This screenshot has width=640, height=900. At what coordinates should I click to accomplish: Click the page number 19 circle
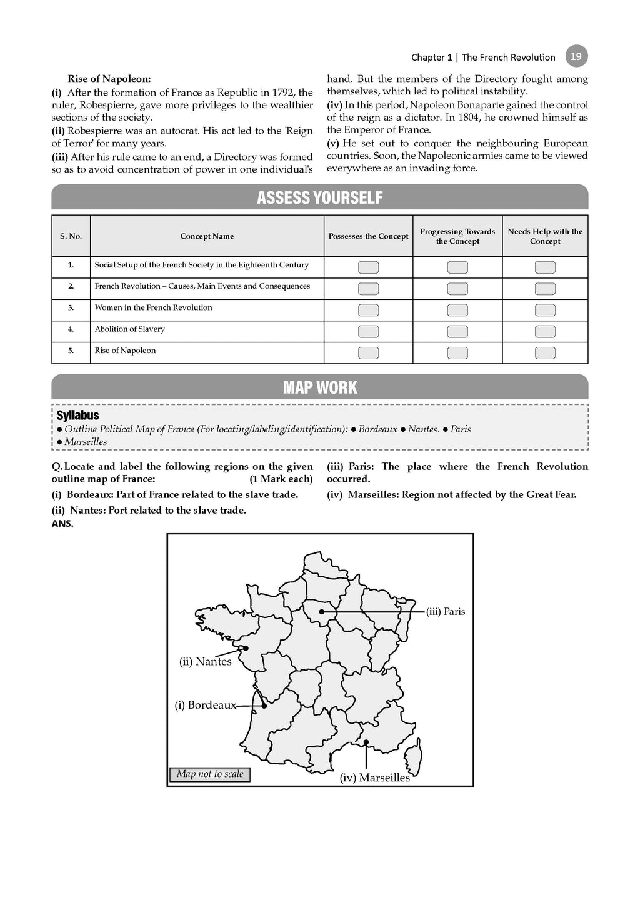(x=576, y=56)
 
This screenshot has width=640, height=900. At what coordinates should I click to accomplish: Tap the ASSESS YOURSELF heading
(x=319, y=197)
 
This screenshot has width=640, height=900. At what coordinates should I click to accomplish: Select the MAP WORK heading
(x=319, y=387)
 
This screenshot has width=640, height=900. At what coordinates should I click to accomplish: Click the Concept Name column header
(x=207, y=236)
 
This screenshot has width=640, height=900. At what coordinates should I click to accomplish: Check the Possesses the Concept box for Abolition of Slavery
(x=368, y=331)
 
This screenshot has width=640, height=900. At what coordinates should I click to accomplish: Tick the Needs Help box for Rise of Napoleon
(x=545, y=353)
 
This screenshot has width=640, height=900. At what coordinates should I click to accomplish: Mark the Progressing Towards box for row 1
(x=457, y=267)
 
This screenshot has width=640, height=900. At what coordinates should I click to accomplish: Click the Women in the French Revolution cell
(x=153, y=307)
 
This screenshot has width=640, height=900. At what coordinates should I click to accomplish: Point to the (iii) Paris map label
(x=446, y=612)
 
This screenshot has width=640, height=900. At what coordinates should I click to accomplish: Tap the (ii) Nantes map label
(x=205, y=662)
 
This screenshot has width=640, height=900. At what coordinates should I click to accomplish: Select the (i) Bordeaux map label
(x=205, y=706)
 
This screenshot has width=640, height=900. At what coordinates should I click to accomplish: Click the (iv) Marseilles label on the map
(x=375, y=778)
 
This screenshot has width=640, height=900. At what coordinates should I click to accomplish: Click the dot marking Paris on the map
(x=322, y=612)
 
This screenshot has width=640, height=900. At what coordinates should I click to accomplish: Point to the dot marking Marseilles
(x=366, y=742)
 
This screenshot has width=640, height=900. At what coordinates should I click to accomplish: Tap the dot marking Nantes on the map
(x=246, y=648)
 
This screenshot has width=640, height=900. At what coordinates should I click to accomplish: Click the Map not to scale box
(x=210, y=774)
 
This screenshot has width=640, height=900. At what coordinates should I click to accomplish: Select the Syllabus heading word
(x=77, y=416)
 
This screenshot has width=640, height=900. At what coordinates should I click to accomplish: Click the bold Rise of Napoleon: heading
(x=109, y=79)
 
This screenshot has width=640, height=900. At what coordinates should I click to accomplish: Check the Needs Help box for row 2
(x=545, y=289)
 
